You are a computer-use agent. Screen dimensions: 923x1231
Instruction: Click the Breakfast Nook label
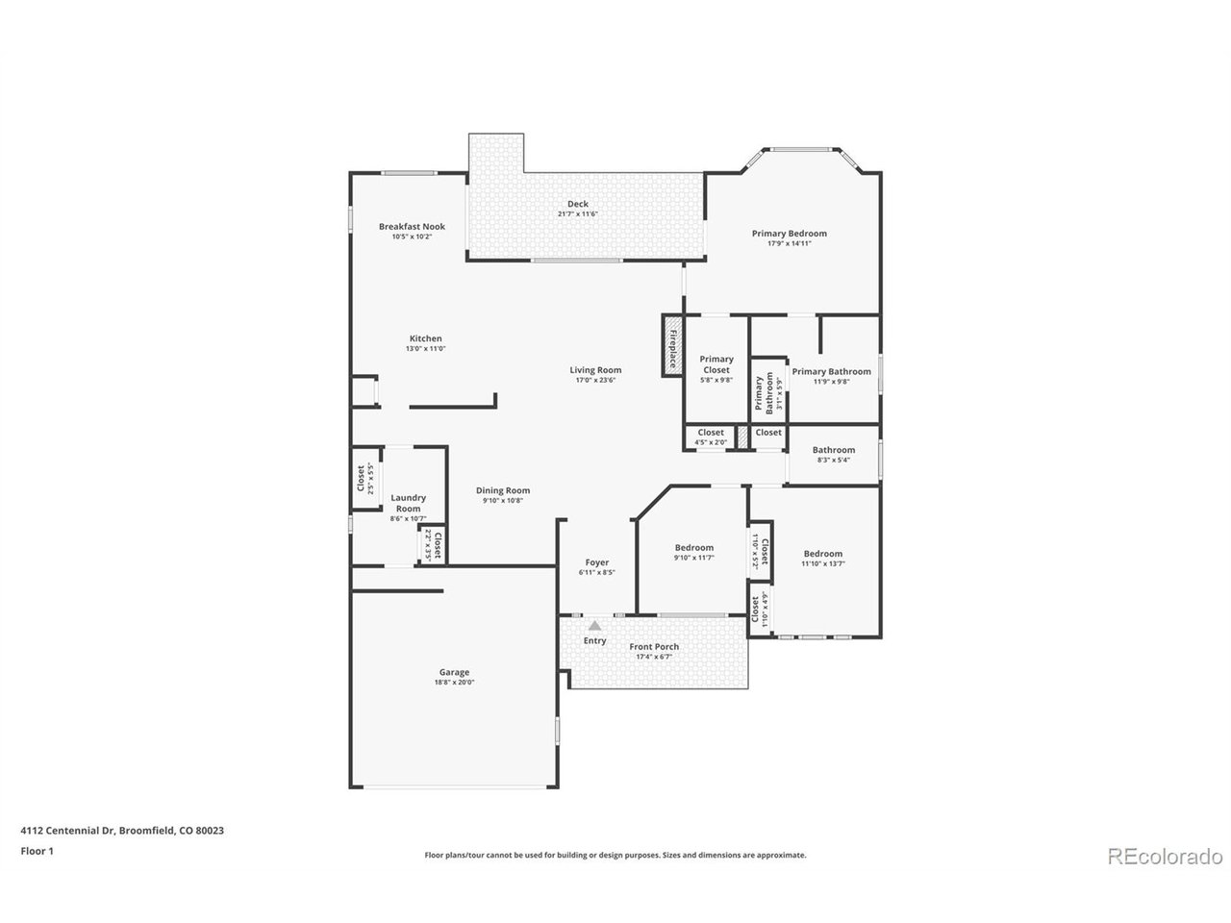pos(412,227)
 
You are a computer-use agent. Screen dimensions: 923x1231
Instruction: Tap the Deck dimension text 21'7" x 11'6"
pos(578,214)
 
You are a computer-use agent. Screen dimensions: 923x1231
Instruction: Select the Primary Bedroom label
pos(789,234)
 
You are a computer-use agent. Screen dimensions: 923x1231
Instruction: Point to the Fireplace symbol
pos(671,345)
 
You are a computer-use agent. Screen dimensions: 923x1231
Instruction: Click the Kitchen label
pos(426,338)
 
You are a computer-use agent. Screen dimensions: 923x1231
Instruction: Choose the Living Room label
pos(595,370)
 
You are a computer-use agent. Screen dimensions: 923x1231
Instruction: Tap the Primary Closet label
pos(716,364)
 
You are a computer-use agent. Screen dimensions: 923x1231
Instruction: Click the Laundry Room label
pos(409,503)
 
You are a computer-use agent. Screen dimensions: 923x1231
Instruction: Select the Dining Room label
pos(503,490)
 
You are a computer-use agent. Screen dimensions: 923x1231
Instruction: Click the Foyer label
pos(596,562)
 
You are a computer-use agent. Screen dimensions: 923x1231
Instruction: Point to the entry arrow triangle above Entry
pos(594,625)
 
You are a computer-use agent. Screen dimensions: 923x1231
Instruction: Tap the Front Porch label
pos(654,647)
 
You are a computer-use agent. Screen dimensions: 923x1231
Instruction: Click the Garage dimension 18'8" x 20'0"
pos(454,683)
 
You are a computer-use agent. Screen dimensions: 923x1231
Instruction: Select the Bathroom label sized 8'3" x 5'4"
pos(833,450)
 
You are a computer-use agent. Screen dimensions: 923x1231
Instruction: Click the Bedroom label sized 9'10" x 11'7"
pos(693,548)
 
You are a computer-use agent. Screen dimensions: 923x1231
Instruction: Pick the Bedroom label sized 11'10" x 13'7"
pos(823,554)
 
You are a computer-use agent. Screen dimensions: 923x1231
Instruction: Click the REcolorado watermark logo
pos(1165,857)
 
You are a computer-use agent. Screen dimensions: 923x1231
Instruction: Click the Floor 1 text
pos(38,851)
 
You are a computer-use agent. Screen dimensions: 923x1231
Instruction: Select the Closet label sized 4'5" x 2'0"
pos(711,433)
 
